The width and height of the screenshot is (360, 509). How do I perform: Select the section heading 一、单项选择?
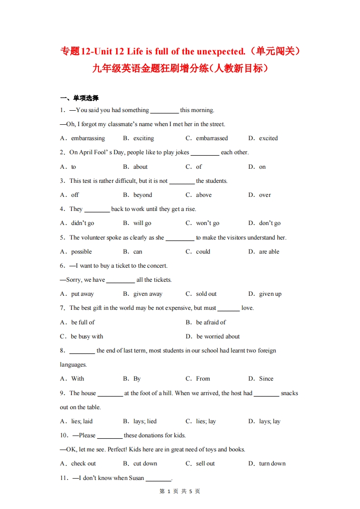79,98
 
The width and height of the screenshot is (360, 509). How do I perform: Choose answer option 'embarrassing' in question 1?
88,138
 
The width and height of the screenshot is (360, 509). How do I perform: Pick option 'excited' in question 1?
268,138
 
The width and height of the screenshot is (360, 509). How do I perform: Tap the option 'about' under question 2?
140,167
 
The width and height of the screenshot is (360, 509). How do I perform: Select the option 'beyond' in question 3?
143,195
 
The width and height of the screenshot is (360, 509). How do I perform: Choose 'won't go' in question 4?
207,223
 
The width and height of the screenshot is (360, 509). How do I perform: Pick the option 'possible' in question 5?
81,252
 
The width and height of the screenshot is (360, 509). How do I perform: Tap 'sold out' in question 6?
206,294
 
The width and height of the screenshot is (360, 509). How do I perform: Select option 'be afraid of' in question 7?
211,323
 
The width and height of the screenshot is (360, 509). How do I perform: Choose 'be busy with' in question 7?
87,337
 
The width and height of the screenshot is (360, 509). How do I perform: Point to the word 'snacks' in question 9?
289,393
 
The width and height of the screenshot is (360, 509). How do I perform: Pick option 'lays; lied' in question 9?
145,421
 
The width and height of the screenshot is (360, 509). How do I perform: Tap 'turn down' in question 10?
272,464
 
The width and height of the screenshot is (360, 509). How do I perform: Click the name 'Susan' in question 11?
136,478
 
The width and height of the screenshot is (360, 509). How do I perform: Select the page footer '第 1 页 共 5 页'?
180,491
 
